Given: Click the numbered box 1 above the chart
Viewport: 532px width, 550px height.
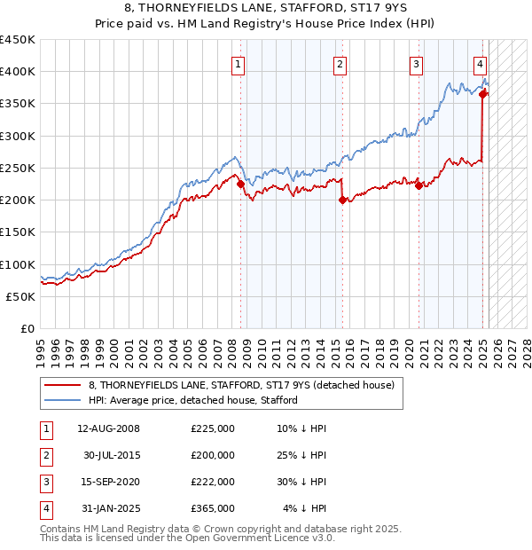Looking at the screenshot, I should click(239, 63).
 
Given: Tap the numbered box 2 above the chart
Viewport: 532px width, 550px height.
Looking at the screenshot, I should click(340, 63).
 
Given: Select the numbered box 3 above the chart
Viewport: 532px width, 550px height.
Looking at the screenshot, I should click(416, 63).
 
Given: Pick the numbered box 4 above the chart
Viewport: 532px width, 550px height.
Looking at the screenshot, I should click(480, 63).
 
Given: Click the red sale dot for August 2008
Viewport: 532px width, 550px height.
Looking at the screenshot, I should click(240, 184).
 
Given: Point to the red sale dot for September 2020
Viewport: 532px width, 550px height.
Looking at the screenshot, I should click(419, 185).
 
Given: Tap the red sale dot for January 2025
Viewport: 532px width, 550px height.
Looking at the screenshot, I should click(482, 94).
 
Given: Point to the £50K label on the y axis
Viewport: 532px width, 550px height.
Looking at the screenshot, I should click(21, 296).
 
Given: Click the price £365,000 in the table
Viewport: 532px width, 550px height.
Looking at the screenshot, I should click(213, 508).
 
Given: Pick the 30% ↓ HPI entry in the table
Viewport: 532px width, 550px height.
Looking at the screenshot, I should click(301, 482).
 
